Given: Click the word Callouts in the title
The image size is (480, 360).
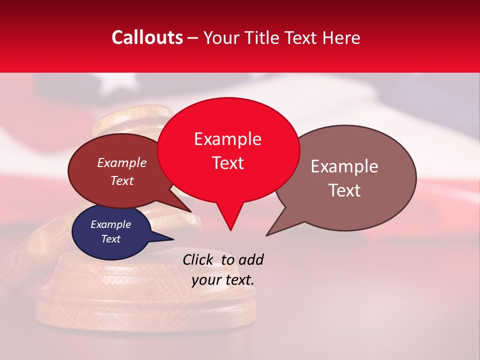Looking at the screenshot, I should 147,37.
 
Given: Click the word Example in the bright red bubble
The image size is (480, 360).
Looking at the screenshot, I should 227,139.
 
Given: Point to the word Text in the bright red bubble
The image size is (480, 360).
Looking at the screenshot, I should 227,163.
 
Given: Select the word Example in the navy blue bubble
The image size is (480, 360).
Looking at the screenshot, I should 110,224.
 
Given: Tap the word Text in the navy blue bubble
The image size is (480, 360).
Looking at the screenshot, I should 110,239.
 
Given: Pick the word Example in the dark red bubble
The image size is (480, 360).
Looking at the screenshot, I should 121,162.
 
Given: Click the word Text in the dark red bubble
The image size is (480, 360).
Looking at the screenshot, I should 121,180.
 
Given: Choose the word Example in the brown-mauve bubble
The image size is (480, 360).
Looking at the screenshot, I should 344,166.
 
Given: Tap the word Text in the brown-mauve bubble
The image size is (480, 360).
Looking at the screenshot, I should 344,190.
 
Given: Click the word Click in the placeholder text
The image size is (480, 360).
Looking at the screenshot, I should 198,259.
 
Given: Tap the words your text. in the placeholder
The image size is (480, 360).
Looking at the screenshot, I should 222,280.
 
